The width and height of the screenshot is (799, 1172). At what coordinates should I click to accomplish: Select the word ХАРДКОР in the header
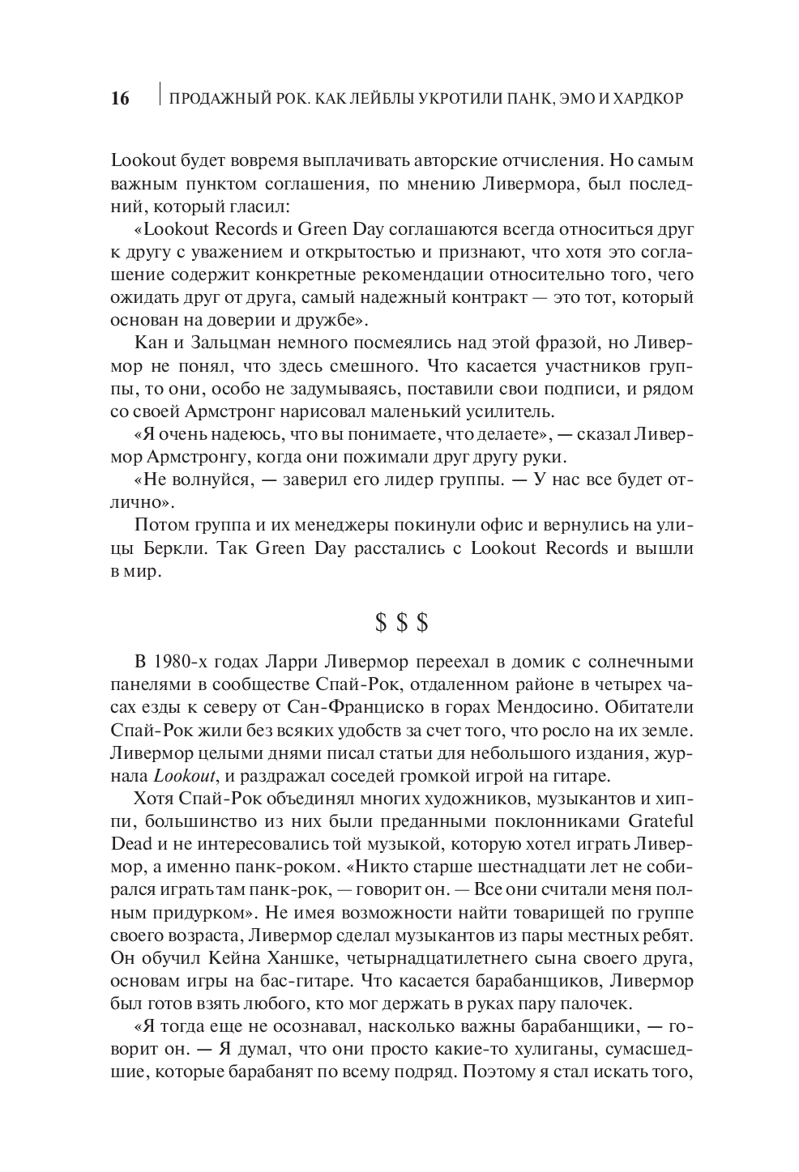coord(643,99)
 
